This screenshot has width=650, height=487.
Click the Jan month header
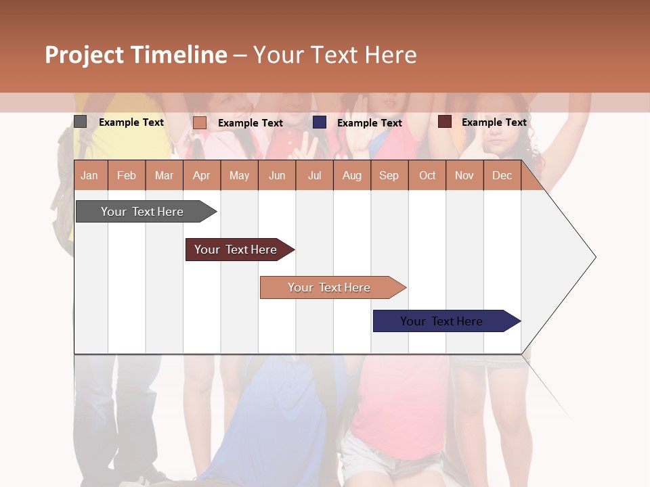click(90, 176)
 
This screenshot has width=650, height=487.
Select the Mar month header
click(164, 176)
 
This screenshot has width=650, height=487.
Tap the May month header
click(239, 176)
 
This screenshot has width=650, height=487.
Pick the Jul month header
click(314, 176)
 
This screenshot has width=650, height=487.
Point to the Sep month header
click(389, 176)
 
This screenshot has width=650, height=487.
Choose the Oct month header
click(427, 176)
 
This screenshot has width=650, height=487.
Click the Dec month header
click(502, 176)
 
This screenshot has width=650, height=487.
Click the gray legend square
click(81, 122)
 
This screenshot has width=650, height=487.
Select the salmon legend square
click(200, 122)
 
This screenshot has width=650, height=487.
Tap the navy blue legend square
click(320, 122)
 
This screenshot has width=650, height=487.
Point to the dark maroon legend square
click(445, 122)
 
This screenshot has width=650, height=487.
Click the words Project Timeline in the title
click(136, 55)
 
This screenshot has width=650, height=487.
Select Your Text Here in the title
click(334, 55)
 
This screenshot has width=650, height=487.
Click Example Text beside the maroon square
click(494, 122)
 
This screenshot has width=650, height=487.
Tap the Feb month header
click(127, 176)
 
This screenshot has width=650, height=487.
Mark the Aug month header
click(351, 176)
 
